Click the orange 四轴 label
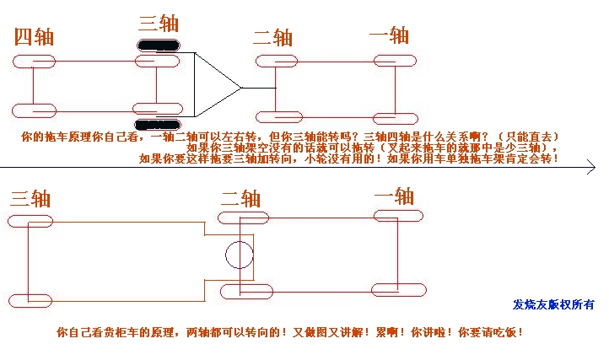(x=35, y=37)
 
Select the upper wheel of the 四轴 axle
(x=34, y=62)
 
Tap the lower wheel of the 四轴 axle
(x=34, y=110)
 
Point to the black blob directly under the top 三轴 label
(x=157, y=46)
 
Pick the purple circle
(x=239, y=254)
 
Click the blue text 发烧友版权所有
(x=553, y=304)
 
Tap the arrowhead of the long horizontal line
(x=592, y=169)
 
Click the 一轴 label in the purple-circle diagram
(x=393, y=196)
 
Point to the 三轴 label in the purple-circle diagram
(x=30, y=198)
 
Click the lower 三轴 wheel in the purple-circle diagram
(x=30, y=300)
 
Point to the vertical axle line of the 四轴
(x=33, y=86)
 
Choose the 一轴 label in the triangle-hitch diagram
(x=389, y=35)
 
